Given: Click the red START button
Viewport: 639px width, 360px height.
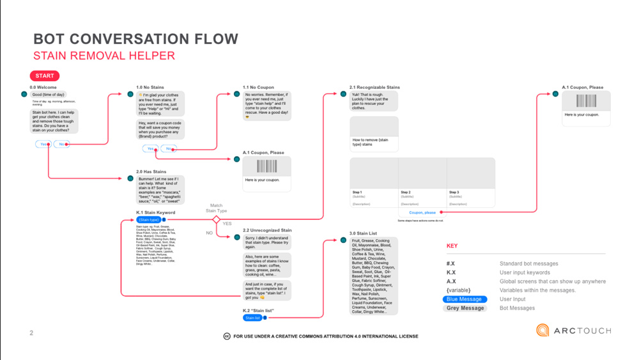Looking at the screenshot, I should (44, 75).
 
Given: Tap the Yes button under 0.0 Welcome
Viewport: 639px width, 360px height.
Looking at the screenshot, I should (43, 144).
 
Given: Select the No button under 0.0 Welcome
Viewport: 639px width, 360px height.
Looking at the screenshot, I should (61, 144).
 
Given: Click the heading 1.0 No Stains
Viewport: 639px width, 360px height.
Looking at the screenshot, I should (150, 87).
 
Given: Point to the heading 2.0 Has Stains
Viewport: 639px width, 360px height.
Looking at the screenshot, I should (151, 171).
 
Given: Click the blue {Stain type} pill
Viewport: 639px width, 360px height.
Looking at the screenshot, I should (149, 219).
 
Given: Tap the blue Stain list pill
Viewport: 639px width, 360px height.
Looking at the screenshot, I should (252, 318).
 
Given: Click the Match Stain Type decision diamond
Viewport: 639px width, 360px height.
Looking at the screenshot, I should (216, 219).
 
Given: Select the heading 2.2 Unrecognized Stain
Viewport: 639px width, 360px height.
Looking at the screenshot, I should (267, 230).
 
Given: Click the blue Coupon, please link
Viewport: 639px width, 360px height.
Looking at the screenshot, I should (422, 212).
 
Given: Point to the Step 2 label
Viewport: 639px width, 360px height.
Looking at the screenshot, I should (406, 192).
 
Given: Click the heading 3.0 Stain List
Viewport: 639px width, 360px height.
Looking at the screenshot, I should (363, 233).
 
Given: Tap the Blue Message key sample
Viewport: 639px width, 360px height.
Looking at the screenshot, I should (465, 299).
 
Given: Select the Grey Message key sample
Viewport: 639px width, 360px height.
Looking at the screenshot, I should (465, 308).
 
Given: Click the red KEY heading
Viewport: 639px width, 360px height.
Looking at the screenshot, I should (452, 246).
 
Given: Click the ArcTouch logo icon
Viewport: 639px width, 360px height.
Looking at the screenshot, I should (543, 330).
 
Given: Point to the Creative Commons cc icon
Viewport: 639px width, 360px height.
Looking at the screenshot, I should (227, 336).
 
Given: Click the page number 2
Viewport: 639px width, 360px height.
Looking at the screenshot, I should (31, 333).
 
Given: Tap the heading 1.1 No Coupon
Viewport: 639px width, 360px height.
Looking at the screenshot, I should (258, 87).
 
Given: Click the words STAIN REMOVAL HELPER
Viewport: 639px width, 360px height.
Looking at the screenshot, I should (104, 56).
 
